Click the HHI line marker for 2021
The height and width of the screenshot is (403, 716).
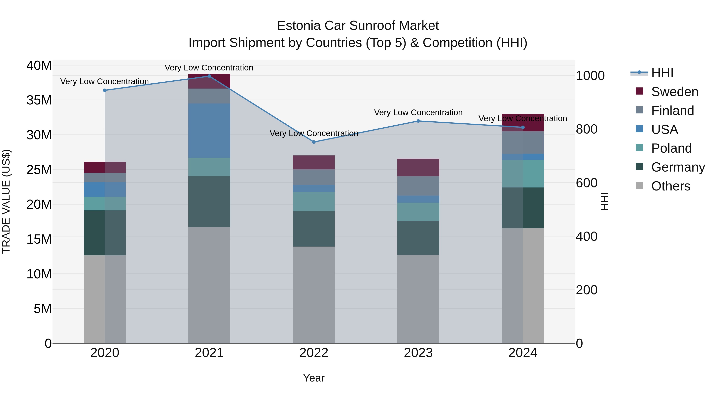[209, 76]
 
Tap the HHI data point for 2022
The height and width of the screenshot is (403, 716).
[314, 142]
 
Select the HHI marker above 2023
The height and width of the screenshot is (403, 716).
[418, 121]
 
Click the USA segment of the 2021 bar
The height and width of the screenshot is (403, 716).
[209, 131]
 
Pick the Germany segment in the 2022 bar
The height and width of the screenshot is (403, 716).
[314, 229]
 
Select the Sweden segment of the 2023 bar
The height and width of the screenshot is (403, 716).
[418, 167]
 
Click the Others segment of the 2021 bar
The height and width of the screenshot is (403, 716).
[209, 285]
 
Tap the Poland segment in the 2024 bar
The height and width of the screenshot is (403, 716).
[523, 174]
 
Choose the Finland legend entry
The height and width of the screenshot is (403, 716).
[672, 111]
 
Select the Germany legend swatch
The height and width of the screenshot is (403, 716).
[640, 167]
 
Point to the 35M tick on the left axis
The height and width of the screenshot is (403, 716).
[39, 100]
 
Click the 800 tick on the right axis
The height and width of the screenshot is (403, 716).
[587, 129]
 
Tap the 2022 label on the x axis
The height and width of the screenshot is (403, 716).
[314, 353]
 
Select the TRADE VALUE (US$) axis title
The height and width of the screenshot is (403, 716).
[6, 201]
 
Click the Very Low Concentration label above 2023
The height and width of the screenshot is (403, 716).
[418, 113]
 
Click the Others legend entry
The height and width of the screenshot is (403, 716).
[670, 186]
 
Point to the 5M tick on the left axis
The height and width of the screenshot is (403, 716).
[43, 309]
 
